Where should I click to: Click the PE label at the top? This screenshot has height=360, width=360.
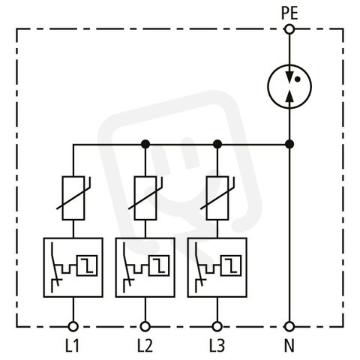[x=289, y=13]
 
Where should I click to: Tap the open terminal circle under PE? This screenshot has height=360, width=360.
[x=289, y=29]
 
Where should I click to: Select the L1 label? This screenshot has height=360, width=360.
[x=72, y=346]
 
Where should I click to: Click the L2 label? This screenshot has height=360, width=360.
[x=145, y=346]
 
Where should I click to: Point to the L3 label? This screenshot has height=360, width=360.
[x=217, y=346]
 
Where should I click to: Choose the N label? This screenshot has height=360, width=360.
[x=289, y=346]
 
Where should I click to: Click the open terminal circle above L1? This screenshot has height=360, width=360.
[x=73, y=326]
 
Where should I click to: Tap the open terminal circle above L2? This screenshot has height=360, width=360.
[x=145, y=326]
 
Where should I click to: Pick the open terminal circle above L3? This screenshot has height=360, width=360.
[x=217, y=326]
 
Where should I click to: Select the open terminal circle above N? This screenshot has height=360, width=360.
[x=289, y=326]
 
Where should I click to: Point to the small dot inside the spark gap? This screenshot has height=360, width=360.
[x=297, y=79]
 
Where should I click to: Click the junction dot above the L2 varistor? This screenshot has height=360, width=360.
[x=145, y=144]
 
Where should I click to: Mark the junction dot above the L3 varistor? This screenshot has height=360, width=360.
[x=217, y=144]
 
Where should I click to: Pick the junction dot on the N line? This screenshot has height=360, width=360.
[x=289, y=144]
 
